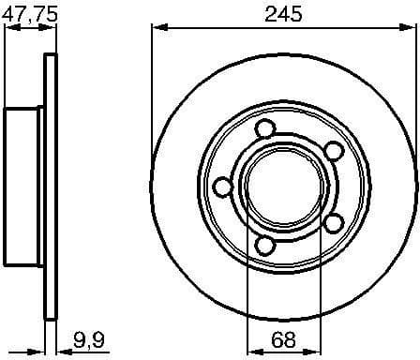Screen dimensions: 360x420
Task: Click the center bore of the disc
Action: pyautogui.click(x=279, y=187)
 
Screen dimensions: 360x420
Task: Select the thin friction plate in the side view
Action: pyautogui.click(x=51, y=187)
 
